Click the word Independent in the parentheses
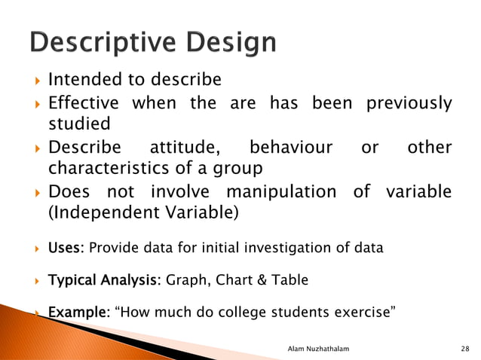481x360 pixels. pyautogui.click(x=106, y=213)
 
